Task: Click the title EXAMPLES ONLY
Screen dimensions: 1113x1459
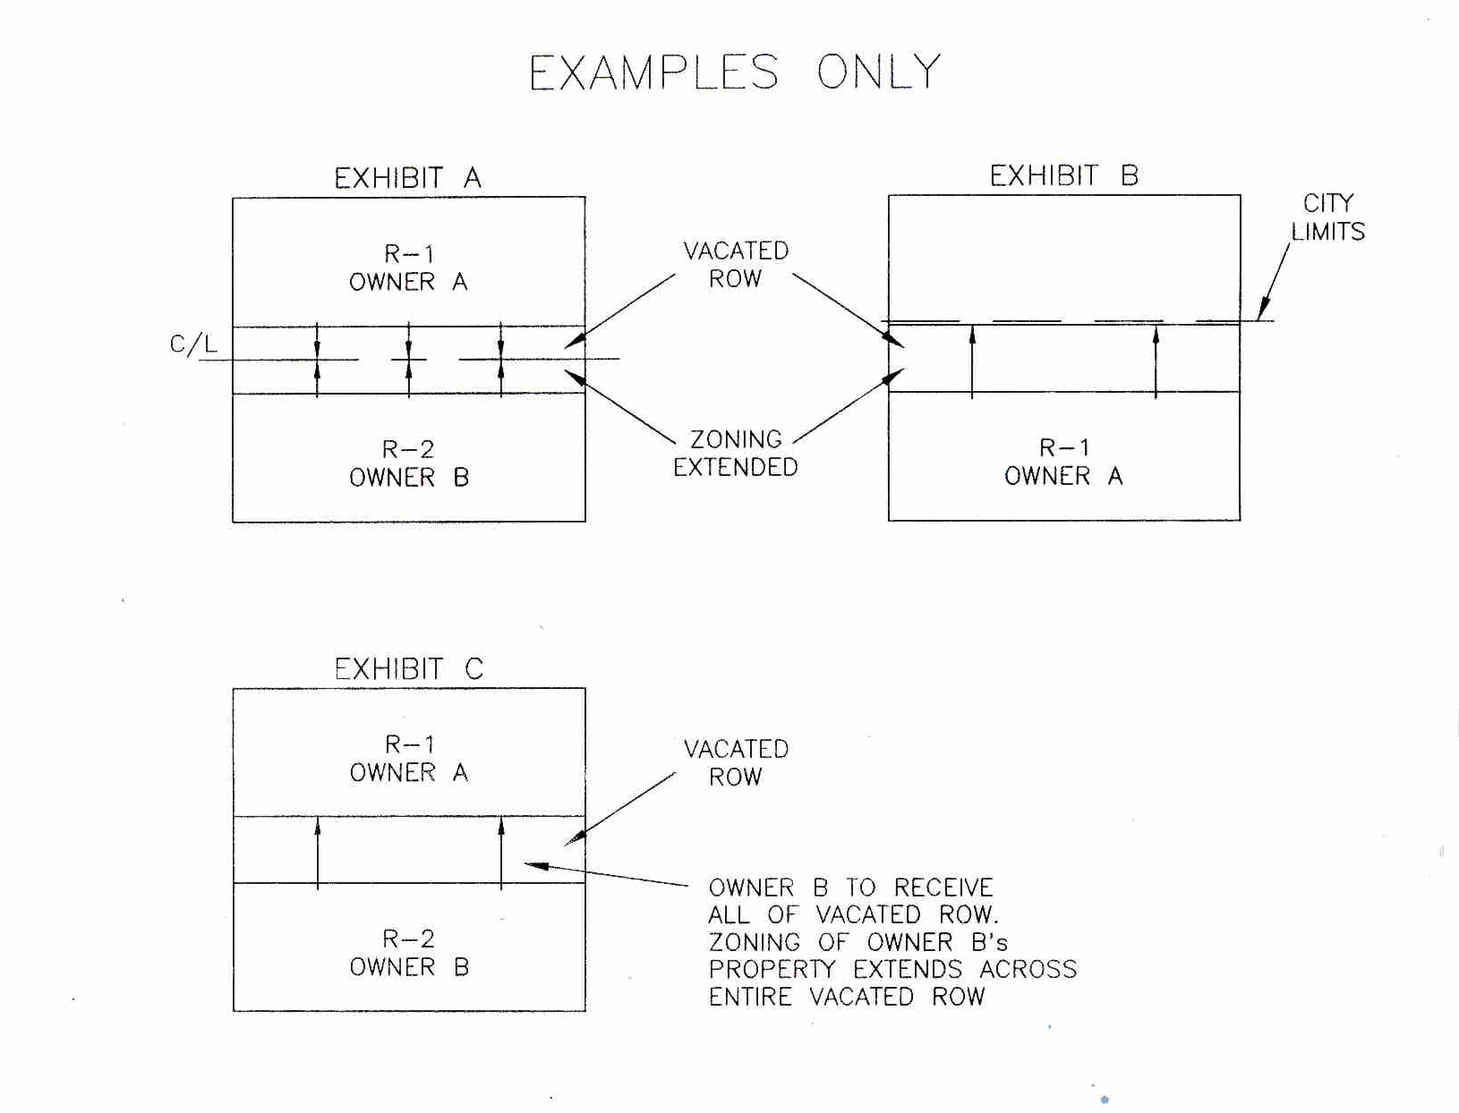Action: pos(734,72)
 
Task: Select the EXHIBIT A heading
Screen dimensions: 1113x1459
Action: pos(407,178)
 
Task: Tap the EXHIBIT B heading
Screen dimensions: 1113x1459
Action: pos(1063,175)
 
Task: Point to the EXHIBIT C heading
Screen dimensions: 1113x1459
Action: pos(408,668)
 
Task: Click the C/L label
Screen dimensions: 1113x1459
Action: pos(193,344)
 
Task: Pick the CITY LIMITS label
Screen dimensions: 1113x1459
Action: pos(1327,217)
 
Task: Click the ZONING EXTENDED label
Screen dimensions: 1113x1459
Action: pos(736,453)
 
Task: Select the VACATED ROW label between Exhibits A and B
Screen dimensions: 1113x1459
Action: pos(736,264)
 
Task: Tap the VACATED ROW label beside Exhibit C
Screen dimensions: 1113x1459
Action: pos(736,762)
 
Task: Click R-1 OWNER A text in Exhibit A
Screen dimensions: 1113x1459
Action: pos(408,268)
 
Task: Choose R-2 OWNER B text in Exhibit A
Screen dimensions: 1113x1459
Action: pos(408,463)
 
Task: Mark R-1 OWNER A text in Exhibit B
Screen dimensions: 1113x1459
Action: pos(1063,462)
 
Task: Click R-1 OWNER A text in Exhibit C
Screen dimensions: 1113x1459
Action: pos(408,758)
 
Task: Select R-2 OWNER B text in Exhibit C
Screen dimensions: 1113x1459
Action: pos(408,953)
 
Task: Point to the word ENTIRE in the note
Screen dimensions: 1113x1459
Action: pos(750,997)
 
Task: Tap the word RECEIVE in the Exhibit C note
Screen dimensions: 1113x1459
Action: pos(943,888)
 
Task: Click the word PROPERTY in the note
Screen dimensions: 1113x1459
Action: pos(772,970)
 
